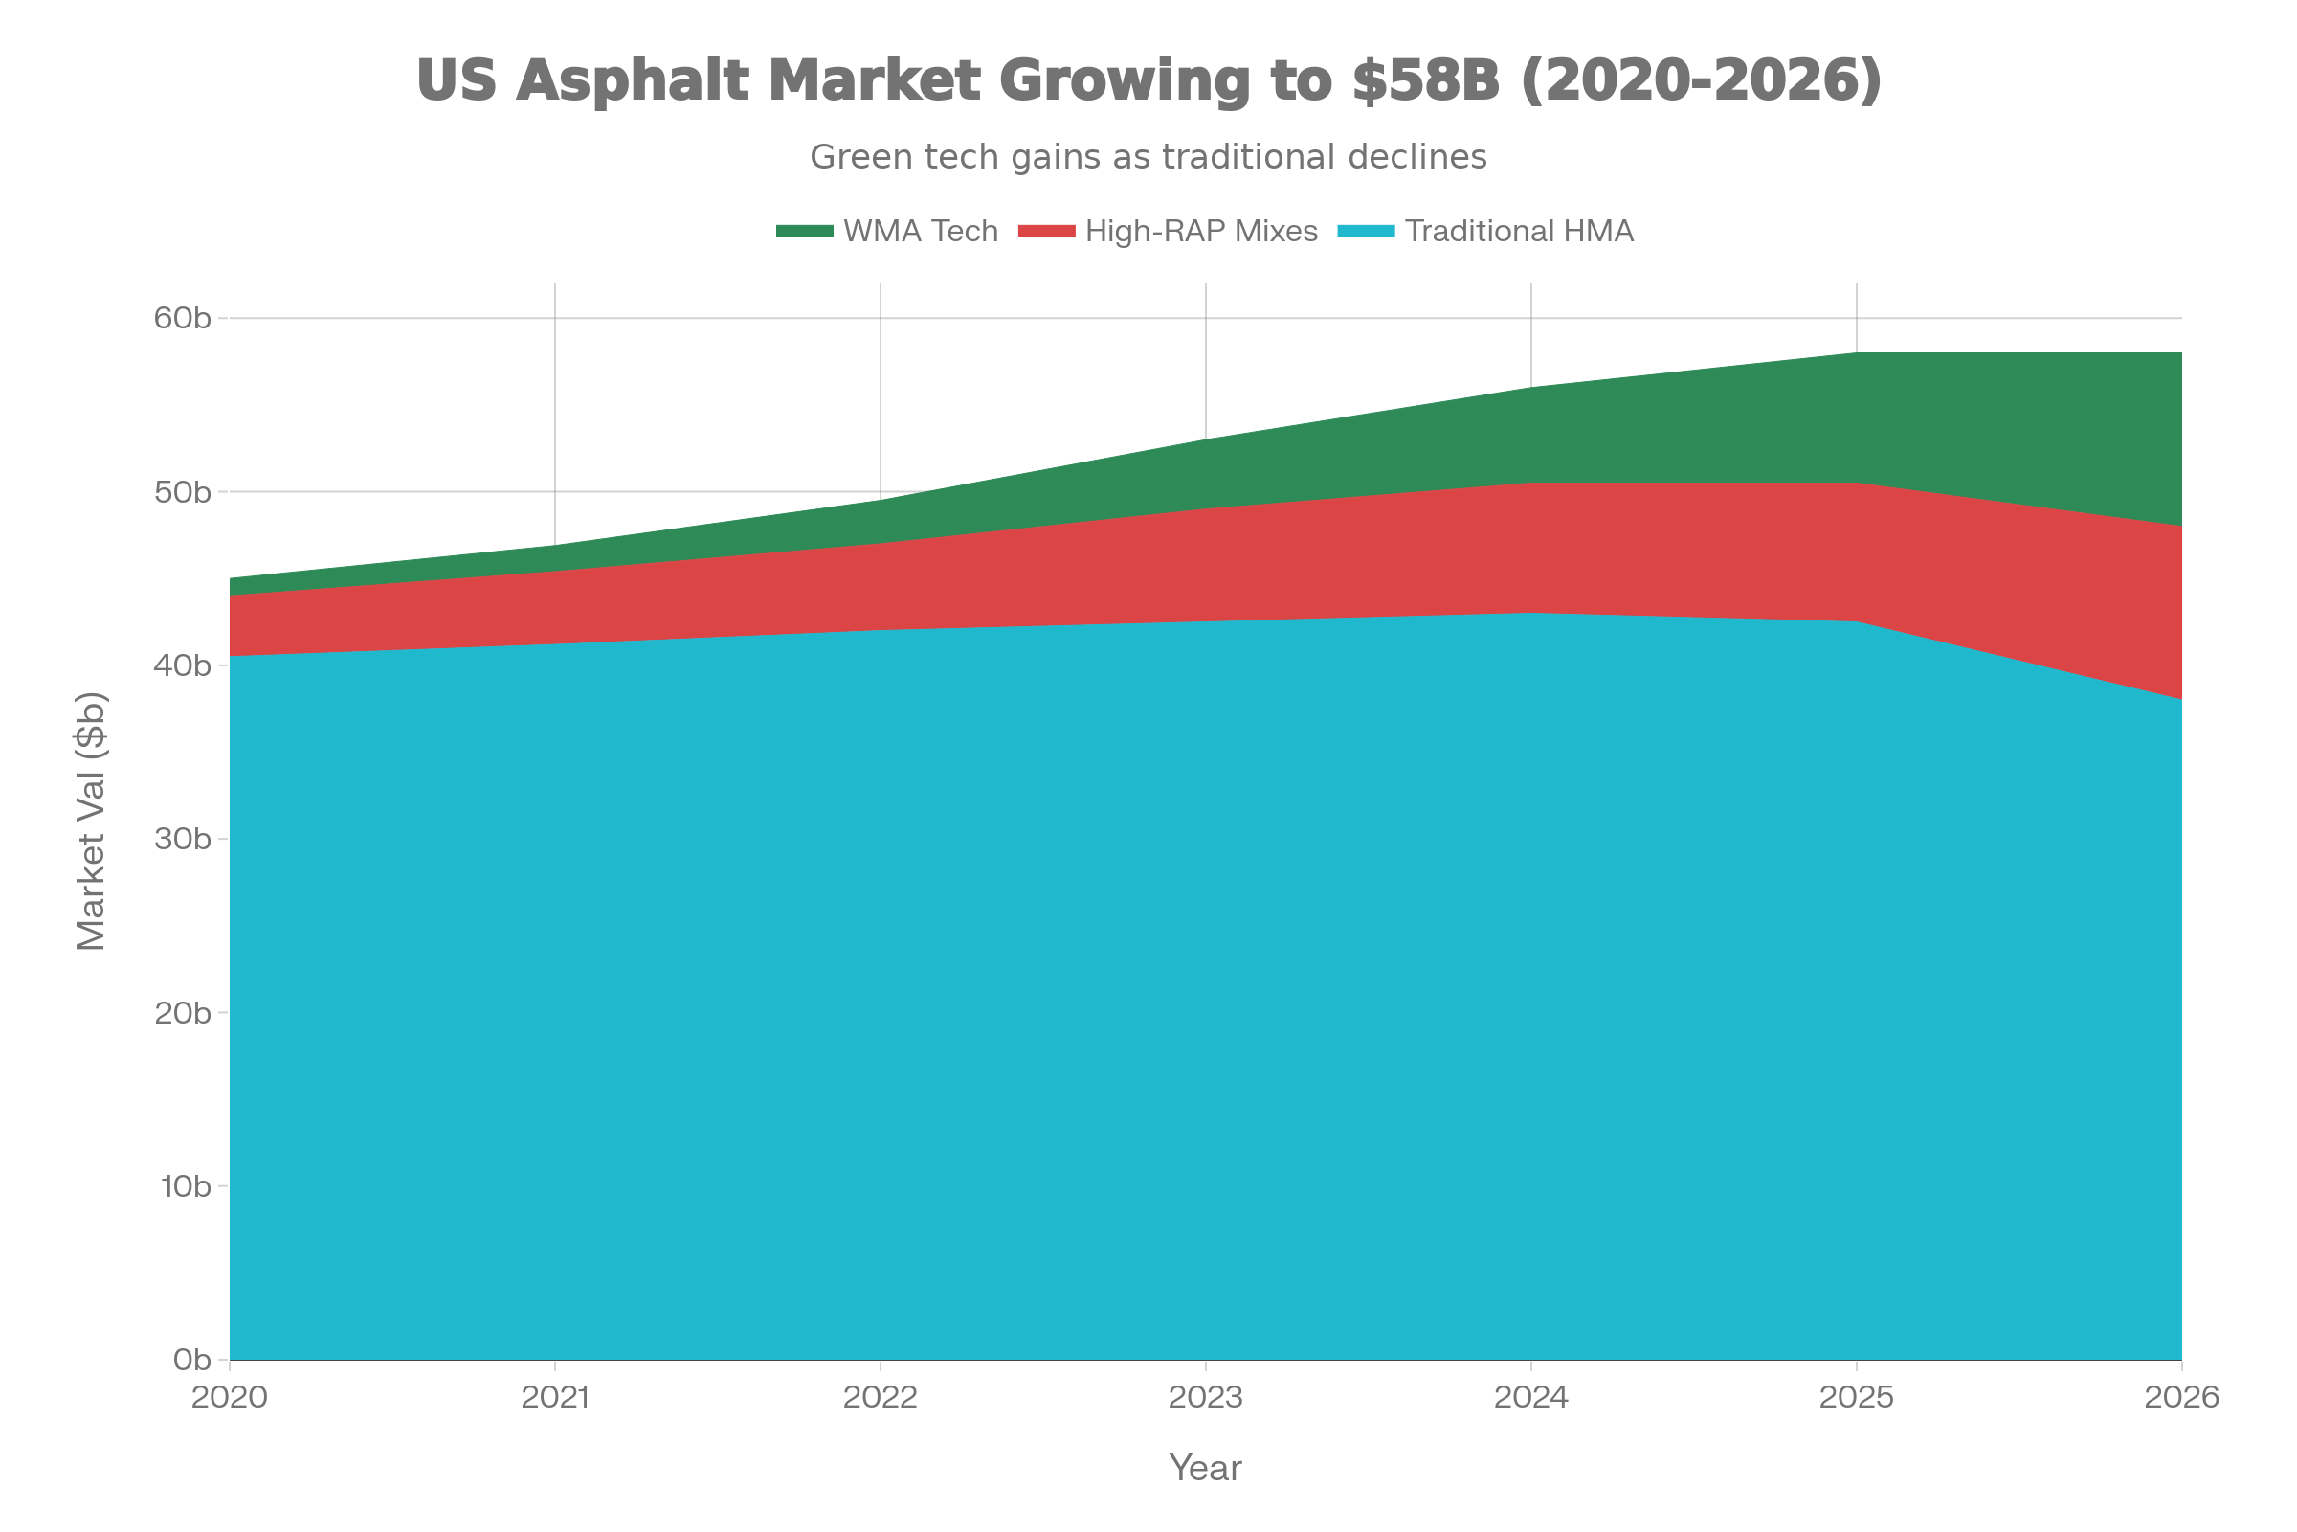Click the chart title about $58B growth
(1148, 80)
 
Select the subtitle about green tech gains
(1148, 156)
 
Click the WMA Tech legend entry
(919, 231)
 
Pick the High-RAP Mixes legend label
(1201, 231)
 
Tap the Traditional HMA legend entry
(1519, 231)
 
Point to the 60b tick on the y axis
(183, 319)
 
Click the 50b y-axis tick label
(183, 491)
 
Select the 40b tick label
(183, 665)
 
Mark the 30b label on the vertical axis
(183, 840)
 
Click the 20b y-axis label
(183, 1012)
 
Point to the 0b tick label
(191, 1359)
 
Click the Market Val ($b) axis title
(91, 822)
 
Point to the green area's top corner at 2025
(1856, 352)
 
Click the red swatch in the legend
(1046, 231)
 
